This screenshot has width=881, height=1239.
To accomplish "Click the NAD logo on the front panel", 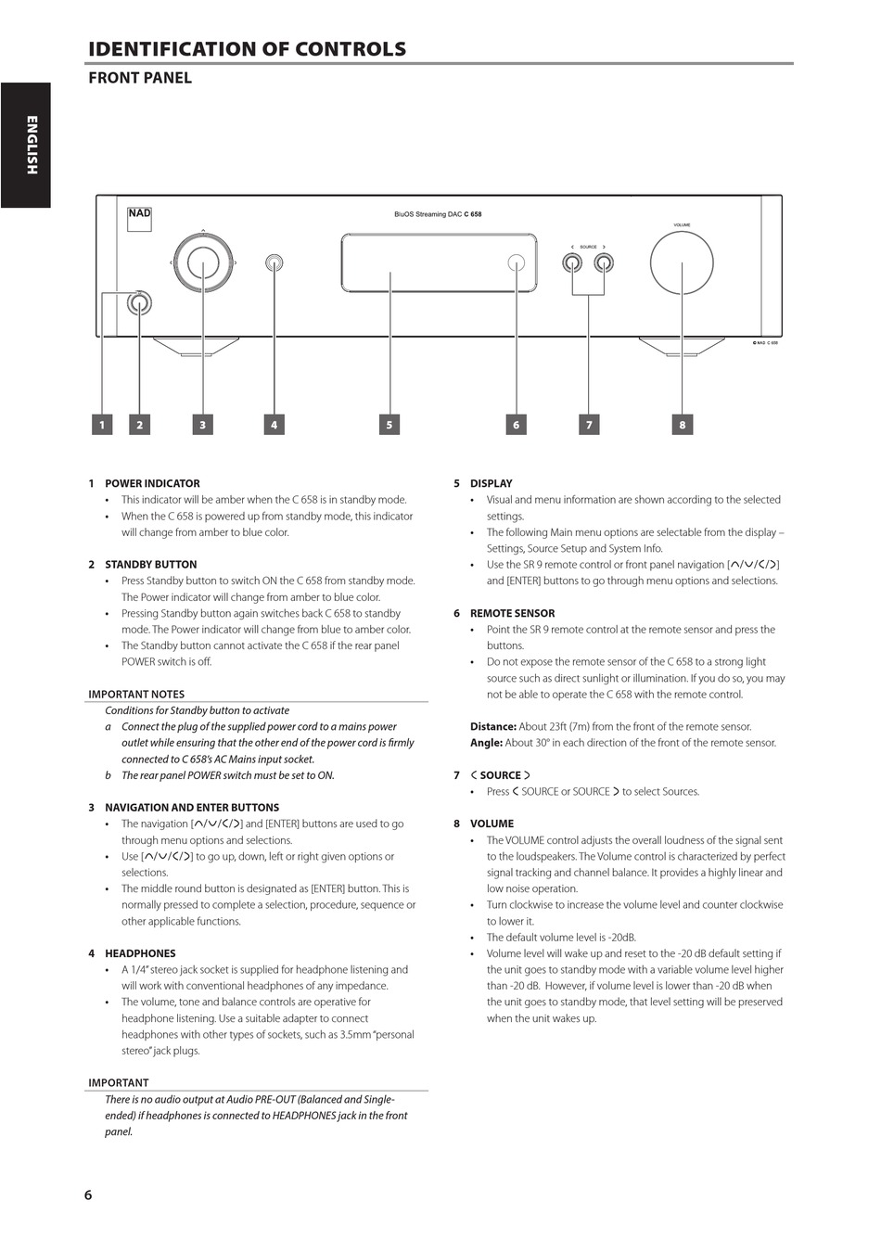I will point(139,213).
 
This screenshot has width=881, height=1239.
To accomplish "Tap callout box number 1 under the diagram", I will point(102,425).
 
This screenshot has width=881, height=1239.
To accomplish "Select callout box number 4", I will point(274,425).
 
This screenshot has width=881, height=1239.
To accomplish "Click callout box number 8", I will point(682,425).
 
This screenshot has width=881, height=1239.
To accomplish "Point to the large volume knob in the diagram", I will point(682,263).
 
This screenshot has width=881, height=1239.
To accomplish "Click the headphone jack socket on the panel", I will point(274,263).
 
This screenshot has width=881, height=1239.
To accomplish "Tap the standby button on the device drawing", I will point(140,302).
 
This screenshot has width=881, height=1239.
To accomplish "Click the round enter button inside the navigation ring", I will point(202,263).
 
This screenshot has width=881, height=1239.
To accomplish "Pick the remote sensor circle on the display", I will point(517,263).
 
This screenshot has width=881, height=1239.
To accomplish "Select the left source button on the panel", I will point(572,263).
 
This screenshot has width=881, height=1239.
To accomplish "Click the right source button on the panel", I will point(604,263).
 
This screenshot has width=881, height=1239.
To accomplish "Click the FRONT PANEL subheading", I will point(140,78).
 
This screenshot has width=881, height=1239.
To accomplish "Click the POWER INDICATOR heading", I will point(152,483).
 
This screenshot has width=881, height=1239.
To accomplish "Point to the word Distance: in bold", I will point(492,726).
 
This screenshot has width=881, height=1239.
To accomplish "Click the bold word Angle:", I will point(486,743).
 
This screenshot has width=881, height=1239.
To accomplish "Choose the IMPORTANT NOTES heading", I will point(136,694).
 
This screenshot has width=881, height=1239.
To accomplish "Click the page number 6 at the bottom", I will point(88,1194).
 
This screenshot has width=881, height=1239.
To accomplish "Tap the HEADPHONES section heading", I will point(140,953).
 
